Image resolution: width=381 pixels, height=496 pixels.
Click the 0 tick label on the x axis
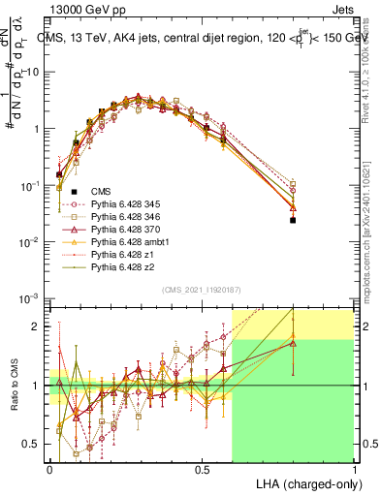coord(49,469)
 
